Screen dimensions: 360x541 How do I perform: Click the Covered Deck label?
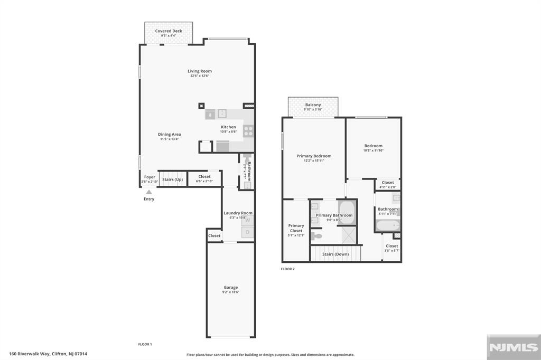[169, 31]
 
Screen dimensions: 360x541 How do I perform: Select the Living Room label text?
[200, 71]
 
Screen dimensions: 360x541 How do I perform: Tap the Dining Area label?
[170, 135]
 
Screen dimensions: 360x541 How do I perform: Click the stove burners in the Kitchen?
[248, 131]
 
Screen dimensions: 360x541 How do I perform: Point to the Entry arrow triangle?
[149, 192]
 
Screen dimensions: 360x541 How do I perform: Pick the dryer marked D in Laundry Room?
[247, 232]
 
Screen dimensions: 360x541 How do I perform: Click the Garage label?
[230, 288]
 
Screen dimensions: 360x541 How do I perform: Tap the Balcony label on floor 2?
[313, 105]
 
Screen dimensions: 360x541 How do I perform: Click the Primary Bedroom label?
[314, 156]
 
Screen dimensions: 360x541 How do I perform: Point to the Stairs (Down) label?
[335, 254]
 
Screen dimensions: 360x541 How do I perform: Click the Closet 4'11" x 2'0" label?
[388, 183]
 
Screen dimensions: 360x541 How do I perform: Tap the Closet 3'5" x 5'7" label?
[391, 246]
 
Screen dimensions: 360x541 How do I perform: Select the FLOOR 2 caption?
[287, 269]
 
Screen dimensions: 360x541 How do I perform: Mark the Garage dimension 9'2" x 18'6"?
[230, 292]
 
